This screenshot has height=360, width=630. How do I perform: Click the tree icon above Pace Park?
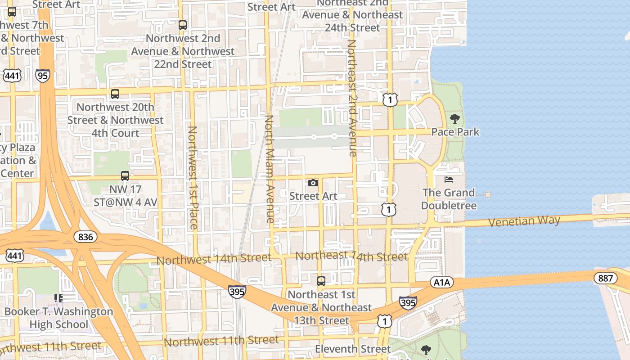[x=455, y=119]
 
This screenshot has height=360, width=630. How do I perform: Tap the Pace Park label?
[x=455, y=132]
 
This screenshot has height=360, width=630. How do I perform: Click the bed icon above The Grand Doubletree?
[x=449, y=180]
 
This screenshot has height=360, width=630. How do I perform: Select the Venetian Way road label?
[x=524, y=221]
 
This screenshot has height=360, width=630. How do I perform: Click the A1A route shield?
[x=441, y=283]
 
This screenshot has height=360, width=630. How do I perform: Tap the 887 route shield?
[x=605, y=278]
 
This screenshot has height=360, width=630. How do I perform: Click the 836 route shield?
[x=85, y=237]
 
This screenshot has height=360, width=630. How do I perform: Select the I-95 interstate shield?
[x=43, y=76]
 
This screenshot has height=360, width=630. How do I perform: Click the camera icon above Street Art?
[x=313, y=183]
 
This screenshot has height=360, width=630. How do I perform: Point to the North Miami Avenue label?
[x=269, y=169]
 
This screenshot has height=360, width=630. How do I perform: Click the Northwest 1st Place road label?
[x=193, y=177]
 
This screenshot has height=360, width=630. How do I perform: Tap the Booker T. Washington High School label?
[x=58, y=318]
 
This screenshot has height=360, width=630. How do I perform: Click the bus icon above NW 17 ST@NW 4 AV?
[x=125, y=176]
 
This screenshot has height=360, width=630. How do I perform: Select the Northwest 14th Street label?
[x=214, y=259]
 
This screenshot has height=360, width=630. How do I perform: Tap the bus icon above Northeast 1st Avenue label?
[x=321, y=281]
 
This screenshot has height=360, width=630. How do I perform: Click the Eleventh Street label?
[x=353, y=349]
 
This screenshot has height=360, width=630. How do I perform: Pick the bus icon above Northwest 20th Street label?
[x=115, y=94]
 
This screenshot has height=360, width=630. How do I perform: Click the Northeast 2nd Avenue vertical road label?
[x=352, y=98]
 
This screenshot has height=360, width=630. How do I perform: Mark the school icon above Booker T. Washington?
[x=58, y=298]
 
